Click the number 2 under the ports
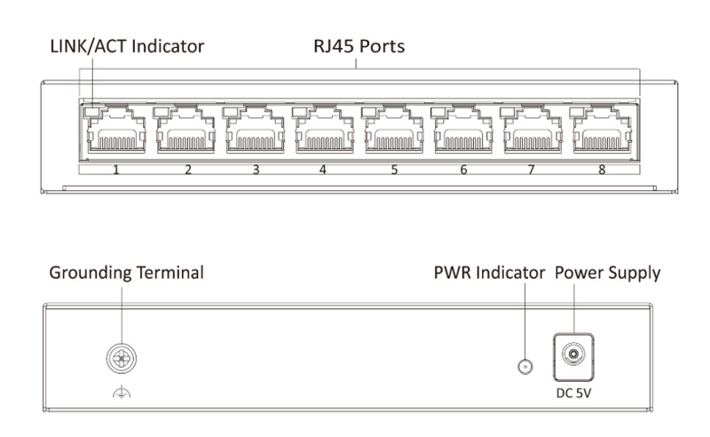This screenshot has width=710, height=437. (187, 168)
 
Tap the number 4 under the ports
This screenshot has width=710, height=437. (325, 168)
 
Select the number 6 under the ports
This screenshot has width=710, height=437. (463, 168)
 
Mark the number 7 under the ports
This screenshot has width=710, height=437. (532, 168)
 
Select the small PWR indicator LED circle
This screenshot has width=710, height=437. (524, 366)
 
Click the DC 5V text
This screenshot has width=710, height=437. (572, 389)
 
